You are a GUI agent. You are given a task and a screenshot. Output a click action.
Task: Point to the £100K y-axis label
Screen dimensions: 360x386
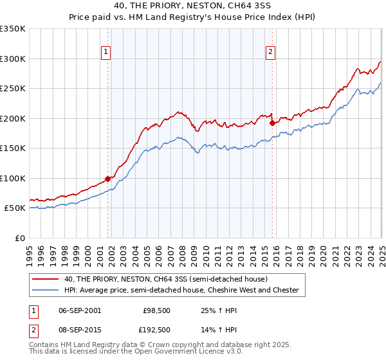coord(14,178)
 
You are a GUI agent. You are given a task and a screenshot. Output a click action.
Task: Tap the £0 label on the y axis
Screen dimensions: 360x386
coord(19,238)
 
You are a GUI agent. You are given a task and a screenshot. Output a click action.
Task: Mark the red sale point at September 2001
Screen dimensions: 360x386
coord(107,179)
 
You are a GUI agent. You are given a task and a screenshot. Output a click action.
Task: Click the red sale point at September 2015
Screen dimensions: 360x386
coord(272,123)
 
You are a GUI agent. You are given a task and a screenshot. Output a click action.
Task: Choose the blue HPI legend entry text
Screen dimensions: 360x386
coord(181,290)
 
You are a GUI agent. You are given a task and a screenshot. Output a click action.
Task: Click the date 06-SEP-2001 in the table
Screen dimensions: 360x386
coord(79,310)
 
